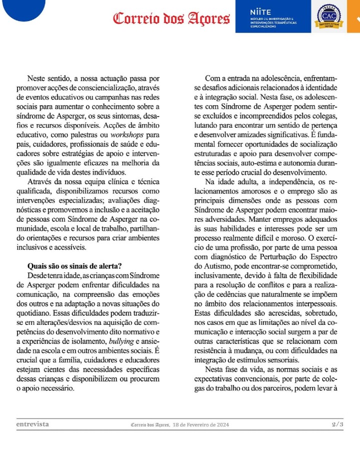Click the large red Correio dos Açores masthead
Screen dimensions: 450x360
(x=171, y=19)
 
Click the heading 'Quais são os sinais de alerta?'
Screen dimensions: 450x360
(x=75, y=266)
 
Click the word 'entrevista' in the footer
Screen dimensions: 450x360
(x=32, y=424)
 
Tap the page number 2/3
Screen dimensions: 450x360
(x=337, y=424)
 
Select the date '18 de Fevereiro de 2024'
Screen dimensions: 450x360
(x=200, y=424)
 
